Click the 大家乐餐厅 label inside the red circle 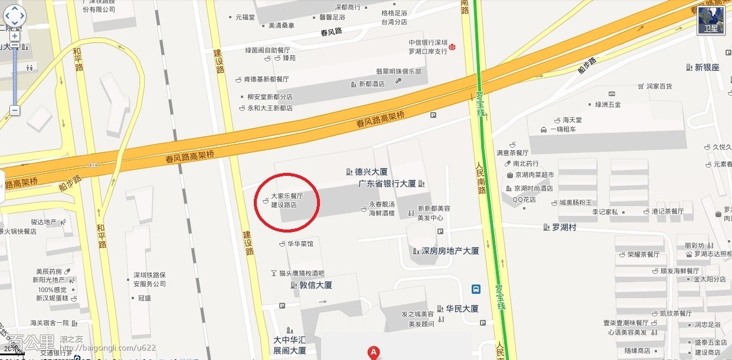click(287, 196)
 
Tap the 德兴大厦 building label click(371, 172)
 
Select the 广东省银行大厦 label click(387, 184)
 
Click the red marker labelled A click(373, 352)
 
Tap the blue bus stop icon click(476, 289)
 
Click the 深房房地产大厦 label click(450, 251)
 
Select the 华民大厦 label click(462, 309)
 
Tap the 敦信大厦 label click(312, 285)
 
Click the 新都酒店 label click(371, 84)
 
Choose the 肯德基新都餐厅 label click(266, 79)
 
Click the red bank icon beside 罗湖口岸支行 click(452, 47)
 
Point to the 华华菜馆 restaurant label click(300, 243)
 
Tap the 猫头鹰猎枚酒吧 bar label click(301, 273)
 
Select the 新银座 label click(707, 67)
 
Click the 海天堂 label click(573, 120)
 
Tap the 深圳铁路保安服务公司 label click(149, 279)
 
